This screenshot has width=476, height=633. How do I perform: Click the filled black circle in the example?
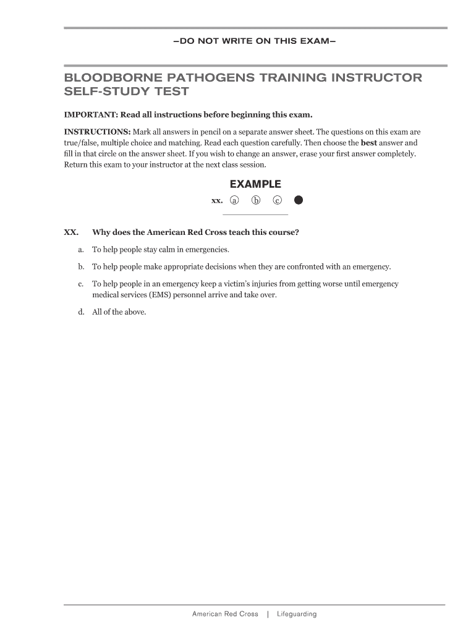(299, 200)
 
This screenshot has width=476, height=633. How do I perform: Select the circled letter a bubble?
(234, 200)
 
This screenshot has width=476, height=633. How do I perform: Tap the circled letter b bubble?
(256, 200)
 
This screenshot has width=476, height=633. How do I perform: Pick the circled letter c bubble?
(278, 200)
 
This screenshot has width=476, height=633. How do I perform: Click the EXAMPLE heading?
(255, 184)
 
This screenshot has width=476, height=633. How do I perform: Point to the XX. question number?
(71, 232)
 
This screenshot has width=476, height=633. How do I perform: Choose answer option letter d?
(81, 312)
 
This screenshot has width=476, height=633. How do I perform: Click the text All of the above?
(119, 312)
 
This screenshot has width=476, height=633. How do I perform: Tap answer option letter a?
(81, 250)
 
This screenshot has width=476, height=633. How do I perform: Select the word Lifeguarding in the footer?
(297, 614)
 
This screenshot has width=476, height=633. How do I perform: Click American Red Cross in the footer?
(225, 614)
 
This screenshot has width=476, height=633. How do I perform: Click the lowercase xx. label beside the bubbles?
(217, 200)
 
